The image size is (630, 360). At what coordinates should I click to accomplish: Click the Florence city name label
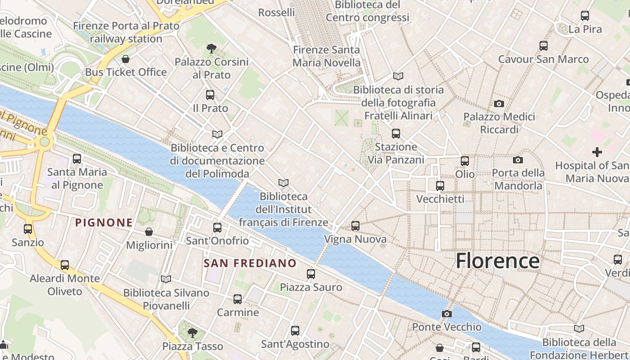coord(497,261)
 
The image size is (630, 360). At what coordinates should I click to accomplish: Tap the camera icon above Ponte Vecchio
coord(446,314)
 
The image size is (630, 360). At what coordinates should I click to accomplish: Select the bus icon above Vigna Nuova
coord(355,225)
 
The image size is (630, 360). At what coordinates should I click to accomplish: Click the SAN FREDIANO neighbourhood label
coord(250,263)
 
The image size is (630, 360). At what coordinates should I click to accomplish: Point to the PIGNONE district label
coord(104,222)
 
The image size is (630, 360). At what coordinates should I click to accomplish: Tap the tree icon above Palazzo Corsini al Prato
coord(211,48)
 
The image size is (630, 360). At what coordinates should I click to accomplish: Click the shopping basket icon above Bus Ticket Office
coord(126,59)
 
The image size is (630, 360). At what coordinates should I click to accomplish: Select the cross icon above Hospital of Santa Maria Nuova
coord(597,152)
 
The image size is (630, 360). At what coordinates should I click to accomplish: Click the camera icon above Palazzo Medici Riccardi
coord(499,104)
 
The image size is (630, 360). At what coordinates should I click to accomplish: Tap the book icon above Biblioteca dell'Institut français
coord(283,183)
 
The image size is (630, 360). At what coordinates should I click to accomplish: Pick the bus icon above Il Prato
coord(210,95)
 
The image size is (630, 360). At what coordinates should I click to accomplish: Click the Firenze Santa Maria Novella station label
coord(326,56)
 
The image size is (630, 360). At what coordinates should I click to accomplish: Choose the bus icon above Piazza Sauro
coord(310,274)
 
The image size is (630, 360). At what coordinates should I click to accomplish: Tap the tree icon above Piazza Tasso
coord(192,333)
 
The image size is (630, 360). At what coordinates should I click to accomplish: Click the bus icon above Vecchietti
coord(440,185)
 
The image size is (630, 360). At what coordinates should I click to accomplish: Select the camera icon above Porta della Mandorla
coord(518,160)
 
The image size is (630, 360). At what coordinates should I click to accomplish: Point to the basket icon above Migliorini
coord(149,232)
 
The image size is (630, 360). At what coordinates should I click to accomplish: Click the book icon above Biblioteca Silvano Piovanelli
coord(166,279)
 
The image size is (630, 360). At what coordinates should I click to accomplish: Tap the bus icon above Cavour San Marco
coord(543,45)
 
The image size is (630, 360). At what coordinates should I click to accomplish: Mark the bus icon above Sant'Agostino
coord(295,331)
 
